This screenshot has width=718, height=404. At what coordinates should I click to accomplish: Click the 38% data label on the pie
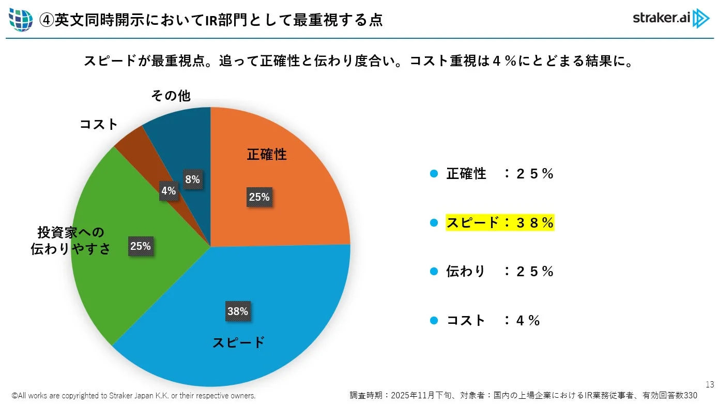tap(238, 311)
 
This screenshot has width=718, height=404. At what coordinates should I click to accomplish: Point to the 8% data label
tap(192, 179)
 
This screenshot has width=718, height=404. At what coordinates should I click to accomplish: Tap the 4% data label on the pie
tap(169, 190)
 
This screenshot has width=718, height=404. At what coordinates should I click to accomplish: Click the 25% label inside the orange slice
tap(259, 197)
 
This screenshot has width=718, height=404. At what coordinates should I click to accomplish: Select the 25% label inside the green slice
tap(140, 246)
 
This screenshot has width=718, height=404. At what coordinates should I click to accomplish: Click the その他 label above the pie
tap(171, 96)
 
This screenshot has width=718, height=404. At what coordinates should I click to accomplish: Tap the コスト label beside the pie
tap(99, 124)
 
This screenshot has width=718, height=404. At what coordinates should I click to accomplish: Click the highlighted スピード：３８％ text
tap(500, 222)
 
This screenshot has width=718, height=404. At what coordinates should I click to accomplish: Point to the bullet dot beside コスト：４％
tap(434, 320)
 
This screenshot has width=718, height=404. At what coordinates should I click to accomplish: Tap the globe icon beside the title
tap(21, 20)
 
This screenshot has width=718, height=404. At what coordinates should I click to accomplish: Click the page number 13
tap(709, 384)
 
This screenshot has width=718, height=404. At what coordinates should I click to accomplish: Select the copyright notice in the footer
tap(133, 396)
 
